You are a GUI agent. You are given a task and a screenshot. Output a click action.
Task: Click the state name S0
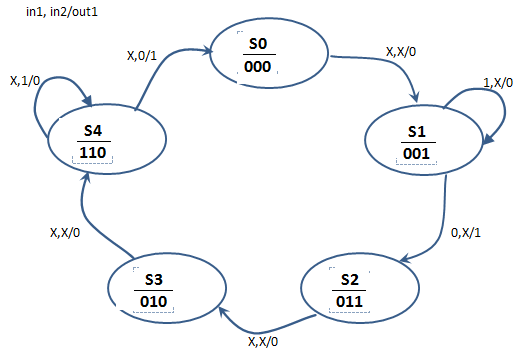259,45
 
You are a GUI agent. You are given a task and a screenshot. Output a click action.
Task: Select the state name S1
417,131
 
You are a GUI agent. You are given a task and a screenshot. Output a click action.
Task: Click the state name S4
94,132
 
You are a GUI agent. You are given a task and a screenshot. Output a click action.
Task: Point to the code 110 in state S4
94,154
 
